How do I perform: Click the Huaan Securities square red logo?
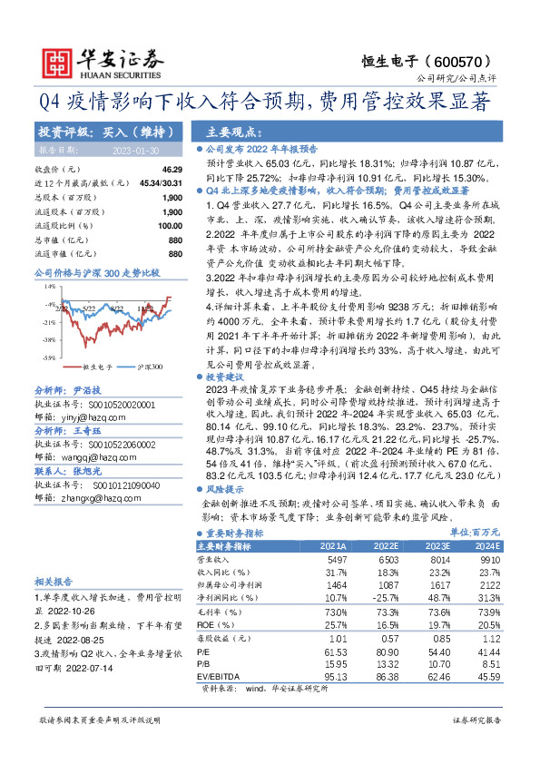click(x=57, y=60)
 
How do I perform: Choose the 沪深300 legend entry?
click(x=150, y=367)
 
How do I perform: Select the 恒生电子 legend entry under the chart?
click(x=99, y=367)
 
